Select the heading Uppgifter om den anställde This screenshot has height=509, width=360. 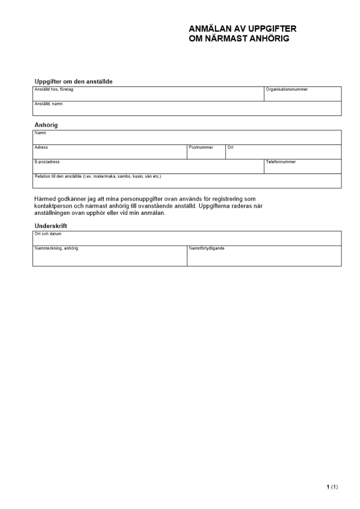[73, 81]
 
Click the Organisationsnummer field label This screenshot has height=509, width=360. [287, 90]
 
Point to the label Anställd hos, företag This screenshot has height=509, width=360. [54, 90]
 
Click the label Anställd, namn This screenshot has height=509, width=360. [48, 104]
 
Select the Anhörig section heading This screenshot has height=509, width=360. [46, 125]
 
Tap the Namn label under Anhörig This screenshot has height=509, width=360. [40, 133]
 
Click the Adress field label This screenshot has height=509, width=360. [41, 148]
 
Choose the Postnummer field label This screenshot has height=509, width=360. [201, 148]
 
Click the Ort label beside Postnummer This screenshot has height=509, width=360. [231, 148]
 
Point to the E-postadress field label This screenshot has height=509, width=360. [47, 162]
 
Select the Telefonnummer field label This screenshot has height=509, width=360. [281, 162]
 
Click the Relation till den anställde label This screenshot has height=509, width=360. [97, 177]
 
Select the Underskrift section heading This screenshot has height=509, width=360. [51, 225]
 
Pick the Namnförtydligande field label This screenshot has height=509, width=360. [206, 248]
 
